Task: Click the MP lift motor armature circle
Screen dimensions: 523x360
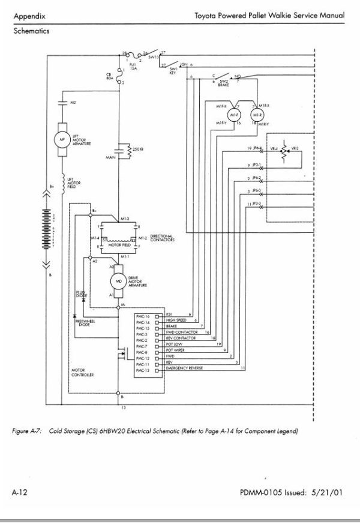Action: (x=61, y=138)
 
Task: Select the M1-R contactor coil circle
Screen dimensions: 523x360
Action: (x=258, y=114)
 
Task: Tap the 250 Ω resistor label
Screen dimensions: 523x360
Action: (x=137, y=148)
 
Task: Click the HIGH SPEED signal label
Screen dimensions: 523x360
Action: (x=177, y=321)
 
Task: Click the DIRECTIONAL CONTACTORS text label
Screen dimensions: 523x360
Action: (x=162, y=238)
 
